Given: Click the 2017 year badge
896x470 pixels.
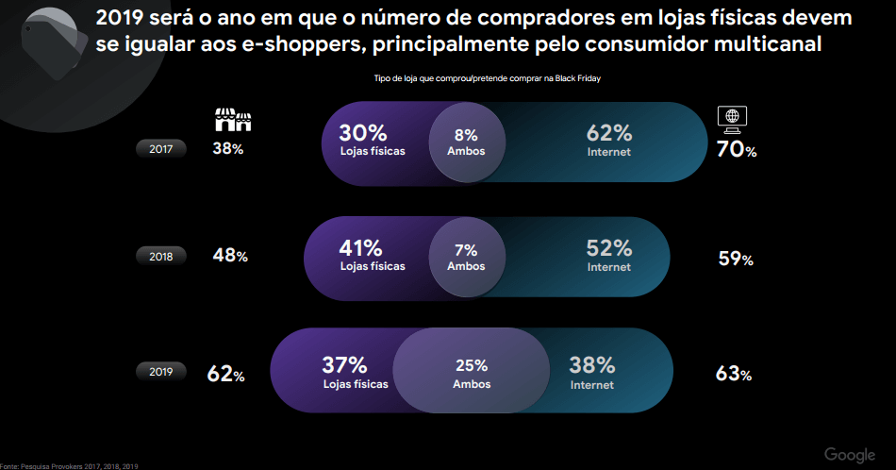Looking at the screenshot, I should tap(161, 148).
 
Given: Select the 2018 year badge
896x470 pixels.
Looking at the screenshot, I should tap(161, 256).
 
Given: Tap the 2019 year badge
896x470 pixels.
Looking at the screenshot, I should tap(161, 372).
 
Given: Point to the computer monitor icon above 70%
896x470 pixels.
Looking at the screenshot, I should tap(733, 117).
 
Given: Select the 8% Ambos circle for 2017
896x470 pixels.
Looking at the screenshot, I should tap(466, 142).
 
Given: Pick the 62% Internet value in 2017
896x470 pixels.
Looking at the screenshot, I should tap(608, 140).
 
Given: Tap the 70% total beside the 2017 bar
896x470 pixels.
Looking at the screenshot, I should tap(737, 148).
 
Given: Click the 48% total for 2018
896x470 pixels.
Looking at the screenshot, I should tap(230, 256).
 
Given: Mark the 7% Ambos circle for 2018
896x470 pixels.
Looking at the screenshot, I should tap(466, 257).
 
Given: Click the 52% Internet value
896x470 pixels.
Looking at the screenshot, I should tap(608, 255).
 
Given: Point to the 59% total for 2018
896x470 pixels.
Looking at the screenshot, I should tap(735, 259).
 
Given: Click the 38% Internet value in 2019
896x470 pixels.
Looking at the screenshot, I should tap(591, 372).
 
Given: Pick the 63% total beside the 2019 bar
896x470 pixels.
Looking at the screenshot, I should tap(734, 374).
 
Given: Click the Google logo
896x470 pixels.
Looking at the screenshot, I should tap(850, 455).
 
